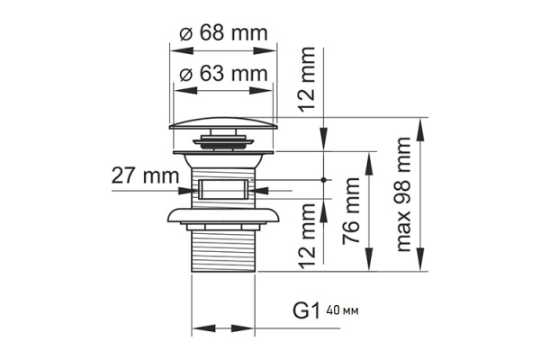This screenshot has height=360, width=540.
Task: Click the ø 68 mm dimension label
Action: pyautogui.click(x=223, y=33)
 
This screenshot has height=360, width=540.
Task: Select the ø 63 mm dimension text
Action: pyautogui.click(x=223, y=73)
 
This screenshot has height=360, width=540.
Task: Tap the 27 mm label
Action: pyautogui.click(x=145, y=175)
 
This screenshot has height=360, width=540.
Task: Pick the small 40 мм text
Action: pyautogui.click(x=342, y=311)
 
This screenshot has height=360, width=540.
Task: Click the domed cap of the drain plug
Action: pyautogui.click(x=223, y=122)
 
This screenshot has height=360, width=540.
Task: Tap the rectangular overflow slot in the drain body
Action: pyautogui.click(x=223, y=189)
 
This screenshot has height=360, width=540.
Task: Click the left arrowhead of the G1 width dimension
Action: pyautogui.click(x=197, y=328)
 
